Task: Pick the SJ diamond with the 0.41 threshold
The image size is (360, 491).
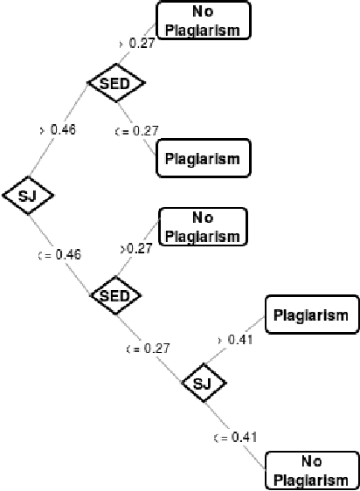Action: pyautogui.click(x=203, y=383)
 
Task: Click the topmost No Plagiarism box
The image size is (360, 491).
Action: pyautogui.click(x=203, y=20)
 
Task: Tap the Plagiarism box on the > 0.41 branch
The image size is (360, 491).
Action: pyautogui.click(x=311, y=315)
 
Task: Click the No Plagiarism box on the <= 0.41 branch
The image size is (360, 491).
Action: pyautogui.click(x=311, y=470)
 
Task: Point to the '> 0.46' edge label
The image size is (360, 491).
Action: pyautogui.click(x=58, y=129)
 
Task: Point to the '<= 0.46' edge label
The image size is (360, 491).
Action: pyautogui.click(x=58, y=255)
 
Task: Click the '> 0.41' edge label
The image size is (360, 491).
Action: pyautogui.click(x=234, y=339)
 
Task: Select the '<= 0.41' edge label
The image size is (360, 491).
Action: pyautogui.click(x=234, y=436)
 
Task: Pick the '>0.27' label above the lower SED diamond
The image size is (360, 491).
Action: pyautogui.click(x=135, y=248)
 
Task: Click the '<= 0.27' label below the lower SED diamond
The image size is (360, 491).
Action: pyautogui.click(x=144, y=347)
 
